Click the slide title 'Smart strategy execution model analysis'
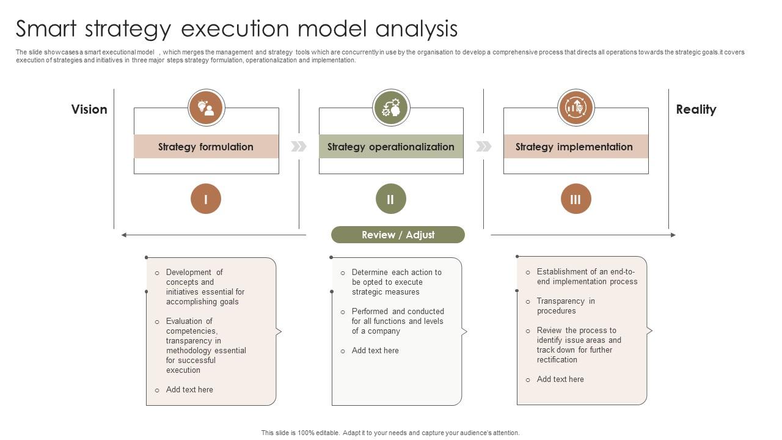click(236, 29)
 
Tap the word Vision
click(89, 109)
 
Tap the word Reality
click(696, 109)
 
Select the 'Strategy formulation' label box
click(206, 147)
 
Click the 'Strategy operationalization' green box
click(391, 147)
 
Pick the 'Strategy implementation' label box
click(575, 147)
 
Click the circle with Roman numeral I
click(206, 199)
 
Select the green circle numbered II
click(391, 199)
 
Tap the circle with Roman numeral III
click(576, 199)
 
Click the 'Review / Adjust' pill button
click(398, 235)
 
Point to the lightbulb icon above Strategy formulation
click(206, 108)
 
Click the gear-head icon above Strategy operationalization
click(391, 108)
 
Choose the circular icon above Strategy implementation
click(576, 108)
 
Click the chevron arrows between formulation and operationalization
click(299, 146)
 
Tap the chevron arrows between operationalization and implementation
click(483, 146)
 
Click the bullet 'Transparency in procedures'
click(565, 306)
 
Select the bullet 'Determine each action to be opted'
click(396, 282)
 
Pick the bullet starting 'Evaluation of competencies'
click(205, 345)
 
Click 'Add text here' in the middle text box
click(375, 350)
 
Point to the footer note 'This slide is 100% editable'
click(390, 433)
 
